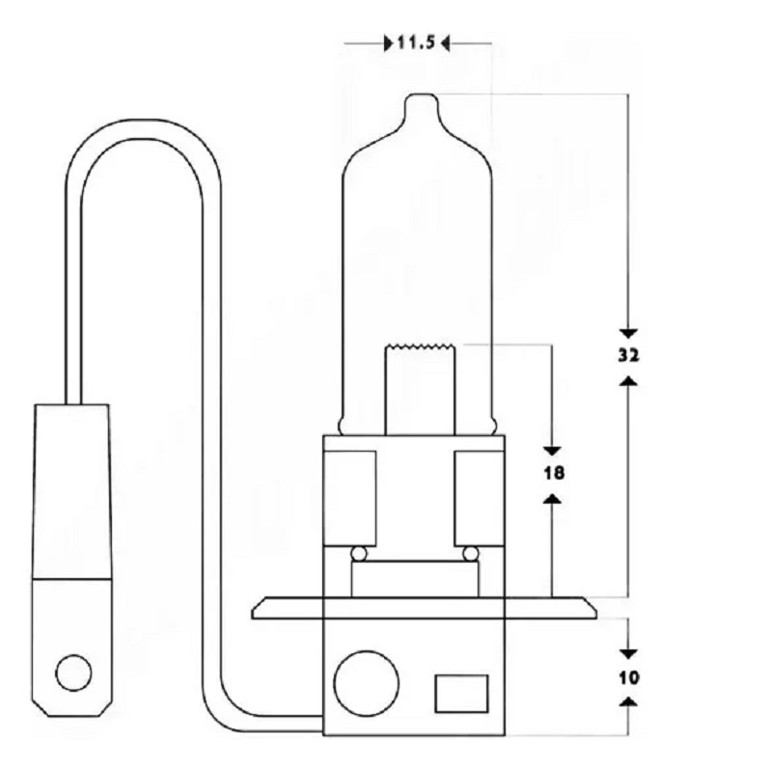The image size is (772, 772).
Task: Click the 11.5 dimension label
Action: pos(416,42)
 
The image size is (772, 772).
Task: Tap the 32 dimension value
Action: pos(628,355)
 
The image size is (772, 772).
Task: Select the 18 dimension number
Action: pos(553,473)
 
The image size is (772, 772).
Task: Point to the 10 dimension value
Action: pos(629,678)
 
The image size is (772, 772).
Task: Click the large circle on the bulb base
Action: pos(367,683)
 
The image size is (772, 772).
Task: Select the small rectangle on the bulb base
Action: pos(461,694)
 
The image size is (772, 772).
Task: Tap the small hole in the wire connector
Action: pos(74,673)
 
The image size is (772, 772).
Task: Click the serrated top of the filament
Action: pos(420,345)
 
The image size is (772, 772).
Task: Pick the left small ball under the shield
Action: pos(359,554)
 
